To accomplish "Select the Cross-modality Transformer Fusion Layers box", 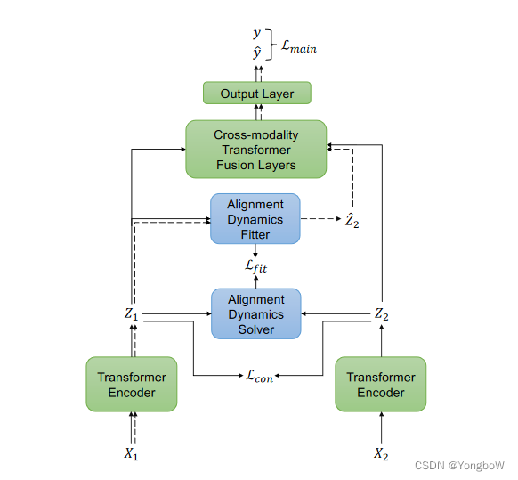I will (x=255, y=150).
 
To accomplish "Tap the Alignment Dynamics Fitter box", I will (x=255, y=219).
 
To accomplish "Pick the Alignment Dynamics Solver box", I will (x=255, y=314).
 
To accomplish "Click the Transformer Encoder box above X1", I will (x=132, y=384).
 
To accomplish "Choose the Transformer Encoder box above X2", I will (x=380, y=384).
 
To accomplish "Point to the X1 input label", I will (x=132, y=453).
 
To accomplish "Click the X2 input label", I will (x=381, y=453).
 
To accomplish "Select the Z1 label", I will (x=132, y=314).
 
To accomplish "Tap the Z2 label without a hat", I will (x=381, y=314).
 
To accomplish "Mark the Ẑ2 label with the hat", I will (x=352, y=219).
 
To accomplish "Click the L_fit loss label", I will (x=255, y=265).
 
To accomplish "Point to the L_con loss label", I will (x=259, y=376).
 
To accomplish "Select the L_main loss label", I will (x=298, y=47).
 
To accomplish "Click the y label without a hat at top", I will (x=257, y=35).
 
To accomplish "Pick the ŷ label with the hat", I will (x=257, y=54).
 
